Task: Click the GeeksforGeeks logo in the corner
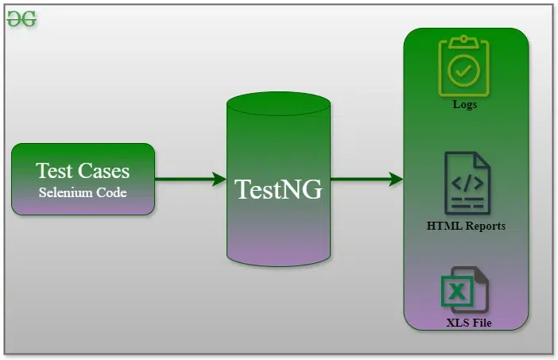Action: point(21,20)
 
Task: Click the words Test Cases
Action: point(83,170)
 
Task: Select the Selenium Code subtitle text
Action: point(83,192)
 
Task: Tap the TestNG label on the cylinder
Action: point(278,189)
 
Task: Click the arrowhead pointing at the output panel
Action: point(396,179)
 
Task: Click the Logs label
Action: point(465,104)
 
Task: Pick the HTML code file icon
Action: point(466,184)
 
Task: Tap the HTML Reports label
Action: point(466,226)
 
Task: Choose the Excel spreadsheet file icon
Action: point(464,289)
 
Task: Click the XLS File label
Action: point(468,323)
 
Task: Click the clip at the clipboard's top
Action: point(465,41)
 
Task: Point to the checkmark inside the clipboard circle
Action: point(465,70)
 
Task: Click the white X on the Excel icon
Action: point(456,292)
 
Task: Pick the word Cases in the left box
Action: point(104,170)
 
